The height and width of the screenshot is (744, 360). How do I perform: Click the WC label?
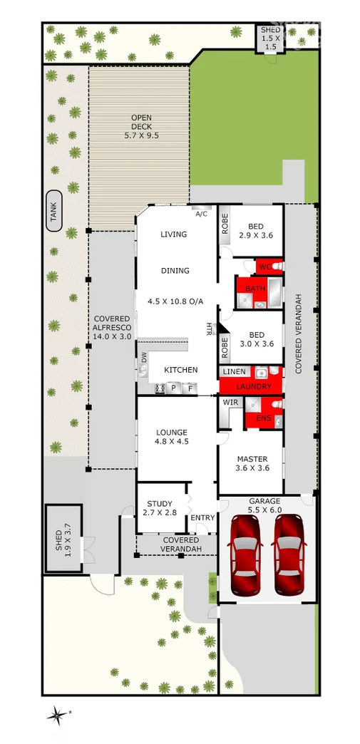point(263,267)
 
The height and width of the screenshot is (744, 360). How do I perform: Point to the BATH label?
point(255,288)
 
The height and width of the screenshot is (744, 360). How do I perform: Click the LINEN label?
point(235,372)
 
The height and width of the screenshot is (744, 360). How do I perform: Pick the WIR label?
point(230,403)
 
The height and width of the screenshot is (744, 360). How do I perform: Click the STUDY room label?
point(160,508)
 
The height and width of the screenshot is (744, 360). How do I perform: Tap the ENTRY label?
point(202,517)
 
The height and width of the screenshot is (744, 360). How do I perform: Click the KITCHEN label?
point(181,370)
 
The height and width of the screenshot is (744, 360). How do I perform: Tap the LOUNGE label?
point(172,437)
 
